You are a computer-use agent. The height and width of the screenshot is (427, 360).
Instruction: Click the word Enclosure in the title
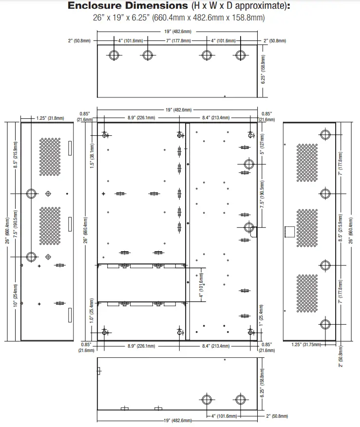click(95, 5)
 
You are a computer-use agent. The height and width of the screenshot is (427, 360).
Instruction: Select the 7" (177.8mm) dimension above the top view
click(178, 41)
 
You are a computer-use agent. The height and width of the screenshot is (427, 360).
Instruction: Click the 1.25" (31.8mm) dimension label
click(50, 118)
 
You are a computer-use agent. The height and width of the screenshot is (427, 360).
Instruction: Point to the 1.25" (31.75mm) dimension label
click(306, 345)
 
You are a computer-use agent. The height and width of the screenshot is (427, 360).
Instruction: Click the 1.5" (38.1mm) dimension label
click(92, 156)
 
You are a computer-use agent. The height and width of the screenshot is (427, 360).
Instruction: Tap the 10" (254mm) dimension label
click(16, 295)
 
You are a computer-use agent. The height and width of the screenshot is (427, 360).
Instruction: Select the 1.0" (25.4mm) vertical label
click(92, 311)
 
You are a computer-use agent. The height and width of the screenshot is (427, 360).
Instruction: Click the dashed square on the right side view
click(290, 232)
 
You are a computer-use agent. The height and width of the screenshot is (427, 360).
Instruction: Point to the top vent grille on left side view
click(50, 157)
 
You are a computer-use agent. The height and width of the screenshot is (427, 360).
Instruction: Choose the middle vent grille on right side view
click(307, 228)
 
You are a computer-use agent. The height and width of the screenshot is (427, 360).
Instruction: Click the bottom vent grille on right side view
click(307, 293)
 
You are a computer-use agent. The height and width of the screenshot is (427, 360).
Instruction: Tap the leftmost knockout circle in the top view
click(114, 56)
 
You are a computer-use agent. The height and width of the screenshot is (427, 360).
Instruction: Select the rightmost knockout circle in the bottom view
click(240, 400)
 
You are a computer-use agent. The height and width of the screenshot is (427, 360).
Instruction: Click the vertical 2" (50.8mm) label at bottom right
click(341, 356)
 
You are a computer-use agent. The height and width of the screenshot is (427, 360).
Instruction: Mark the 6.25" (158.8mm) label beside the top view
click(263, 69)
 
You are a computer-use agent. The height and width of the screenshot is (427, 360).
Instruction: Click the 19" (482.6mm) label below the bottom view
click(178, 421)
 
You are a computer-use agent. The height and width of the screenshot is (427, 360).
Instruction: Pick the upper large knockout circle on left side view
click(31, 194)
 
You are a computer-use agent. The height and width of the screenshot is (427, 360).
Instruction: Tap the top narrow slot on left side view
click(70, 148)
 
